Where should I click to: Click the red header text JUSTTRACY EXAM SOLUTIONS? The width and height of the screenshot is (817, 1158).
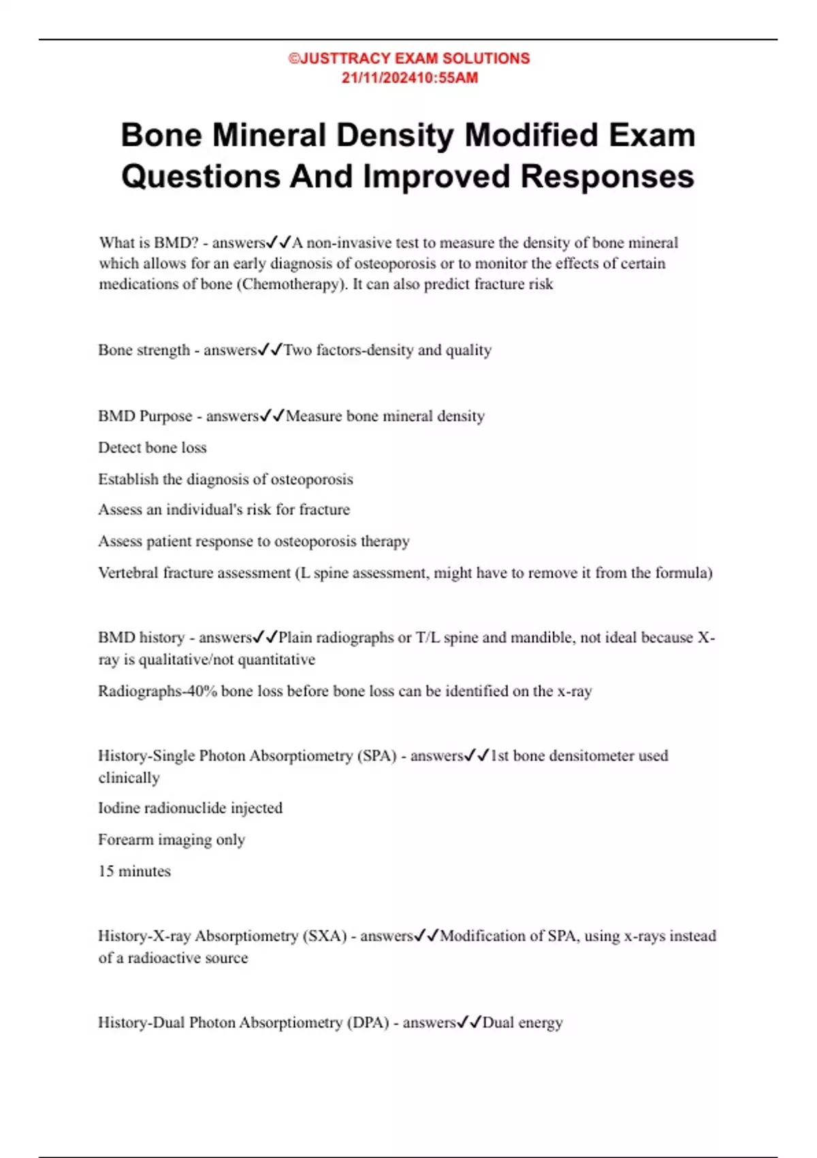click(x=414, y=59)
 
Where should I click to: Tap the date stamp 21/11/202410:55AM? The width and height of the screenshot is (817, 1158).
click(x=409, y=78)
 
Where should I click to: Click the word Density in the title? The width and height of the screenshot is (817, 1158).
click(x=395, y=135)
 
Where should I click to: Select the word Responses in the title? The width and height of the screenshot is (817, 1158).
click(x=607, y=176)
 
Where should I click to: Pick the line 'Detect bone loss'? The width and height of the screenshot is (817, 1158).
click(x=152, y=448)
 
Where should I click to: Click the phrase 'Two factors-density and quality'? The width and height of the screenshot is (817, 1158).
click(x=387, y=350)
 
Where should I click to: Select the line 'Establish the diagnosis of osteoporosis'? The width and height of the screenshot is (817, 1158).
click(x=225, y=480)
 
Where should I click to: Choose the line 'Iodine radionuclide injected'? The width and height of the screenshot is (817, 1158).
click(x=190, y=808)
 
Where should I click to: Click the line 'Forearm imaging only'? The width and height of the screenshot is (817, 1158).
click(x=171, y=840)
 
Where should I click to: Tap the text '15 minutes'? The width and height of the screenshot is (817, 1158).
click(x=134, y=871)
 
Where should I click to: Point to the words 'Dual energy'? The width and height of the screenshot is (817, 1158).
click(x=522, y=1022)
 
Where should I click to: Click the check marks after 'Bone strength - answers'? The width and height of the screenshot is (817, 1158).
click(x=270, y=350)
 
